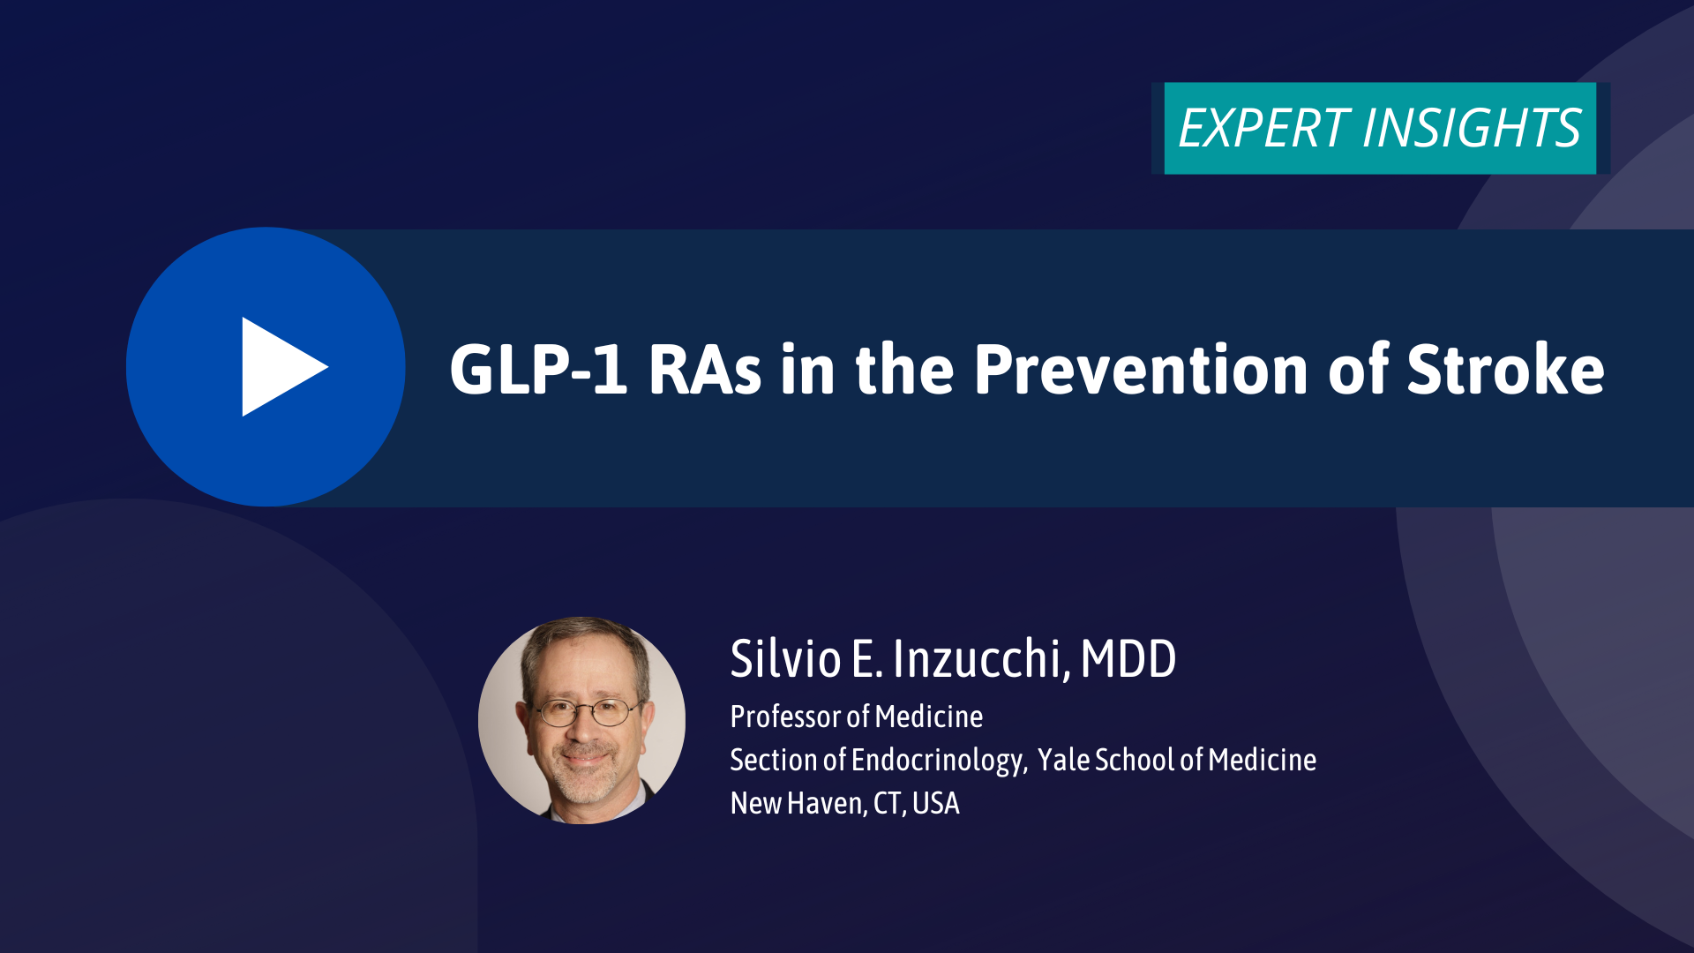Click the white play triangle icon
(x=278, y=367)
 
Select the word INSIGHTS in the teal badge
(x=1472, y=129)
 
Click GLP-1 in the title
(x=538, y=370)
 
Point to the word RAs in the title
(x=705, y=370)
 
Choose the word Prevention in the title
(x=1141, y=370)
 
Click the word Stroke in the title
(x=1505, y=368)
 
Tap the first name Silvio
(x=785, y=658)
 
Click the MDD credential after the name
(x=1128, y=658)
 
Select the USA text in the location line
(x=935, y=803)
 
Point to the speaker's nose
(x=582, y=729)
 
